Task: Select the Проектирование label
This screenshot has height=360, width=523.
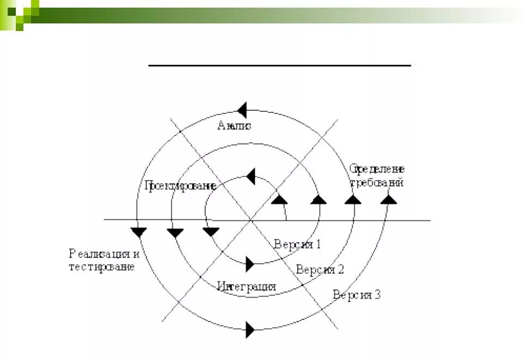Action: (180, 186)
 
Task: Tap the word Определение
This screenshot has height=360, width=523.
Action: (377, 169)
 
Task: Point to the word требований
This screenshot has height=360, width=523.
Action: (377, 183)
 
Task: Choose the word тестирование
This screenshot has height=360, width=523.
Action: (101, 267)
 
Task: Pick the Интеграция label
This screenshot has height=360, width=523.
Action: (246, 286)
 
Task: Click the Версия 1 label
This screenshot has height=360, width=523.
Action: (297, 244)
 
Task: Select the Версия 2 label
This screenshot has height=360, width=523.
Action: (320, 269)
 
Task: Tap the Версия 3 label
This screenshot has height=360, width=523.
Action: (357, 295)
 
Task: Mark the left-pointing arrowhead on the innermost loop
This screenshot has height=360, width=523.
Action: (251, 176)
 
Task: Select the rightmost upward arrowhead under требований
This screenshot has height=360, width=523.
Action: (388, 199)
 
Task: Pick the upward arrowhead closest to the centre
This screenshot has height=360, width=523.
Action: (279, 199)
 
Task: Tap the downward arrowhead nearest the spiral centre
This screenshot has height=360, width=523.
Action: (211, 231)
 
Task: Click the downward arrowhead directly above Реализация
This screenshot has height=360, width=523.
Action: (139, 231)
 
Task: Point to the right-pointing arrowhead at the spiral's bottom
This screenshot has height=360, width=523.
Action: (250, 330)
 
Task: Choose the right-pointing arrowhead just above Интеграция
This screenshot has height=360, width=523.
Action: (250, 264)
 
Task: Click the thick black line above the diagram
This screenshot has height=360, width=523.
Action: (279, 65)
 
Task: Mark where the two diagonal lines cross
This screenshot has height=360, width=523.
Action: (250, 220)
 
